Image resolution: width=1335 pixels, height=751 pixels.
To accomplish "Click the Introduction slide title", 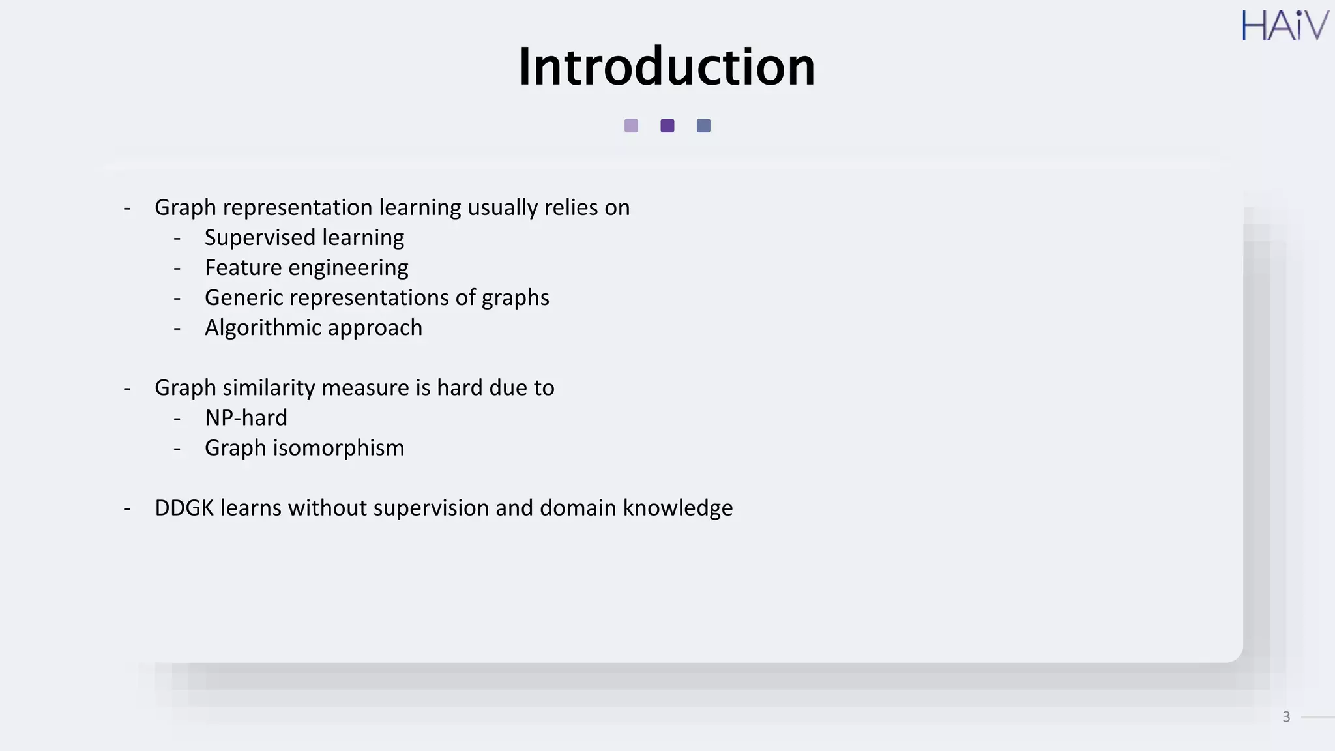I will point(666,66).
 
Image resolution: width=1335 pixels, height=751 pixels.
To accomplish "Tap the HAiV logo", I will point(1285,26).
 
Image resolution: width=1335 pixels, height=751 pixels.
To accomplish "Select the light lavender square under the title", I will point(631,126).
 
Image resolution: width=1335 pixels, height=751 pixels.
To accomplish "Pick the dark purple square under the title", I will point(667,126).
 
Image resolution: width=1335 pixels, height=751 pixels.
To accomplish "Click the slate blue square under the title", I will point(703,126).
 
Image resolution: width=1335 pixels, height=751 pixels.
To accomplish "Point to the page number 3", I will point(1286,717).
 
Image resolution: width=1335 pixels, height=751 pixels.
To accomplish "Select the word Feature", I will point(242,268).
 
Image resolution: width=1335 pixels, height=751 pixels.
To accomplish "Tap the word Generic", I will point(243,298).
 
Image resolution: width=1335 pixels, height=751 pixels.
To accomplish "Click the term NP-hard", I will point(246,418).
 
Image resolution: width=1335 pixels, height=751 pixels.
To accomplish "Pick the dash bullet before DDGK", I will point(127,508).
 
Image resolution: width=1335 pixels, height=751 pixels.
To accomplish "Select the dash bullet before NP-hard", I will point(177,418).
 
